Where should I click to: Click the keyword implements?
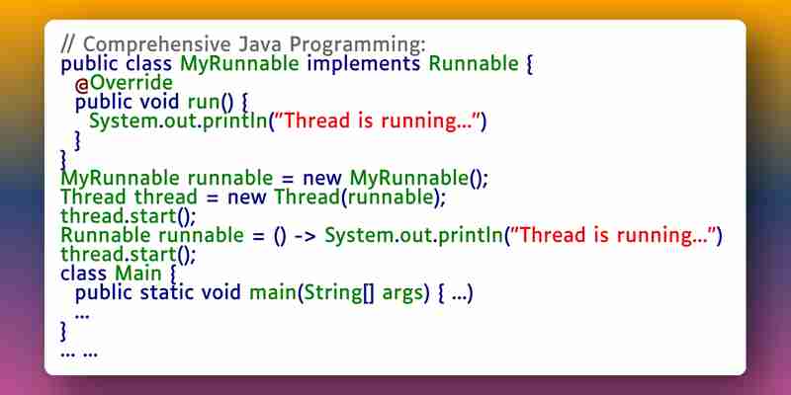(364, 64)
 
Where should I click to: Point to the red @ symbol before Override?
(82, 85)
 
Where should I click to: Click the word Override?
(132, 83)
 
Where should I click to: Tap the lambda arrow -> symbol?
(305, 236)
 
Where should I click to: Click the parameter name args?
(402, 293)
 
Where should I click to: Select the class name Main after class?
(137, 274)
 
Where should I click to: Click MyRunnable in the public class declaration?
(240, 65)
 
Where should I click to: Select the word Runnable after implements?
(474, 64)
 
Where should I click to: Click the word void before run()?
(159, 103)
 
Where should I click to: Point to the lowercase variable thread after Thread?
(165, 197)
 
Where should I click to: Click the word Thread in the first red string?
(317, 121)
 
